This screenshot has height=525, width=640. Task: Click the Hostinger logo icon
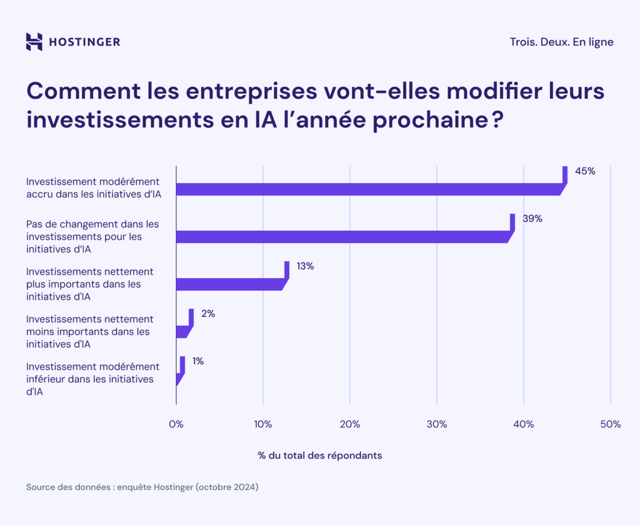click(x=34, y=42)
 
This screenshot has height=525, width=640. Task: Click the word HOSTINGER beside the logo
click(x=84, y=42)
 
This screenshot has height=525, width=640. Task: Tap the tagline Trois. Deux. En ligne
click(x=561, y=42)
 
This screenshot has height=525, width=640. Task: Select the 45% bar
click(x=369, y=189)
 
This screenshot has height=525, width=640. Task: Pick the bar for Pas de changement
click(x=344, y=236)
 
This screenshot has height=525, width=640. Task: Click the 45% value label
click(x=584, y=171)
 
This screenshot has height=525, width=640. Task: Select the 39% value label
click(x=532, y=219)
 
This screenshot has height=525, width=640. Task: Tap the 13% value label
click(x=305, y=266)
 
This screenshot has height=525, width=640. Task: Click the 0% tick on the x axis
click(x=176, y=424)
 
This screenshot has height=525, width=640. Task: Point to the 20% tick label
click(x=349, y=424)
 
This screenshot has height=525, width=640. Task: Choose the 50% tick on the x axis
click(x=609, y=424)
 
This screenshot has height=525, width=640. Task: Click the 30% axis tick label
click(x=436, y=424)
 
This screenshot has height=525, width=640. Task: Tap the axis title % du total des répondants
click(x=319, y=456)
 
